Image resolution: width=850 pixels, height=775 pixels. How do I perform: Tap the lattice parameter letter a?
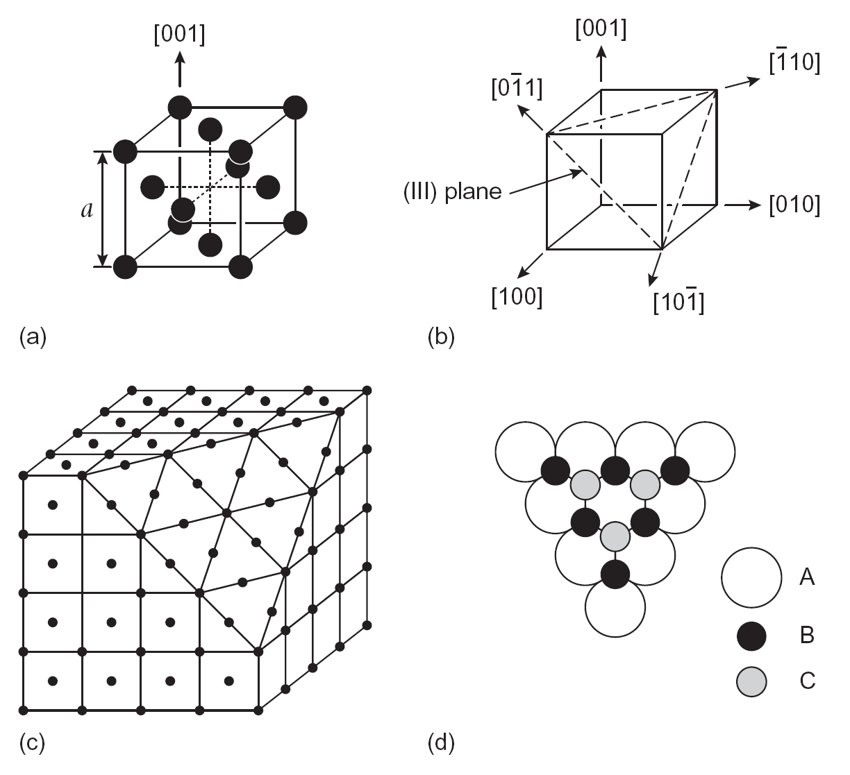point(87,209)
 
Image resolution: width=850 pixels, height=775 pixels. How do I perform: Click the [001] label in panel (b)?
point(601,29)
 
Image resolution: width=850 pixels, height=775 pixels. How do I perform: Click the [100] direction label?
point(517,297)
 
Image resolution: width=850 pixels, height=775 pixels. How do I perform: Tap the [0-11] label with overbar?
point(516,88)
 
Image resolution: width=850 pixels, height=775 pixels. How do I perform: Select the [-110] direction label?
point(795,63)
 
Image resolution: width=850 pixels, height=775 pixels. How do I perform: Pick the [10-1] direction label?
point(678,303)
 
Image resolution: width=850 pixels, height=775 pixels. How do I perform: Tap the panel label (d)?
point(442,743)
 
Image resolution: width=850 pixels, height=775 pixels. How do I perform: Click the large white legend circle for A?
point(751,577)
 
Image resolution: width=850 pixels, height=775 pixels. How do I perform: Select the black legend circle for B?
point(751,635)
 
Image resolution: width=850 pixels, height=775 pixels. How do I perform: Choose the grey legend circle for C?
point(751,681)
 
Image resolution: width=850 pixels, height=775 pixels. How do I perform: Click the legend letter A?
point(806,577)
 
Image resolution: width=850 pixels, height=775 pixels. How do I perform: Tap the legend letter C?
point(807,681)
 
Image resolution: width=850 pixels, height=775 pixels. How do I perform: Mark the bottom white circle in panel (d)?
point(615,607)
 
